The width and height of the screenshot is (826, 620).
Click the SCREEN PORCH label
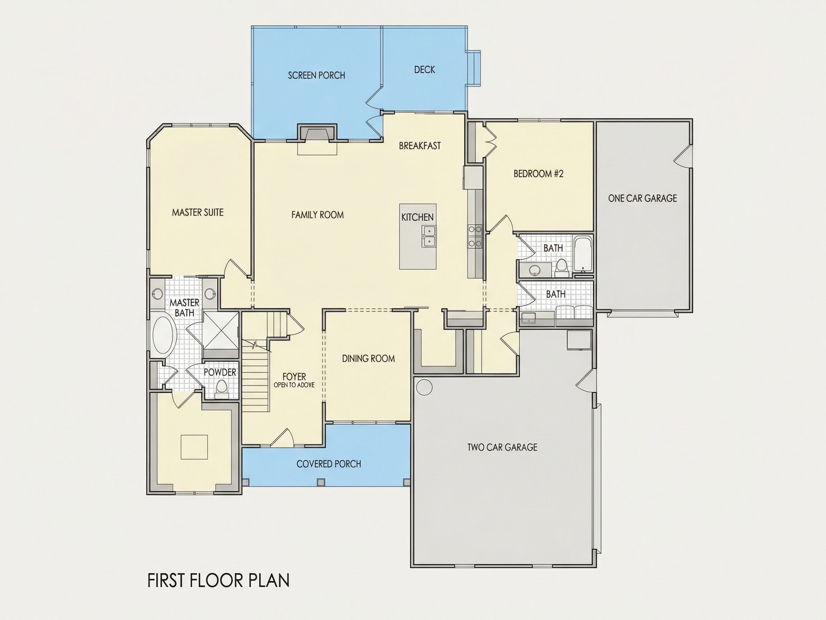click(316, 75)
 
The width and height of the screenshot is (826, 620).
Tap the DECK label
click(424, 70)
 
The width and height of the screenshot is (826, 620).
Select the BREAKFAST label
click(420, 146)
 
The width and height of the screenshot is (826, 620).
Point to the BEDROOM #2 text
click(538, 174)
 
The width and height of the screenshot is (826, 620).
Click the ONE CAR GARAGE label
click(642, 198)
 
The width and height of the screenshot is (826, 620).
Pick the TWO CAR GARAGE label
click(502, 447)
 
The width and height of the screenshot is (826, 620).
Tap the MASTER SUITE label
click(198, 213)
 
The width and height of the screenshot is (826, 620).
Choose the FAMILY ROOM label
click(317, 215)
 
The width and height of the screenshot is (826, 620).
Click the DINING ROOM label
click(369, 359)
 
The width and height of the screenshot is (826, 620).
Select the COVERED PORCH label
click(329, 464)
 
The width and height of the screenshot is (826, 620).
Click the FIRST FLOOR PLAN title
click(218, 581)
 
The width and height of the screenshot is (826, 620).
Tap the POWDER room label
click(220, 372)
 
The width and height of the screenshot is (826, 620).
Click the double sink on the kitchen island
click(429, 236)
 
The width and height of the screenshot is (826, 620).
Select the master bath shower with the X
click(220, 330)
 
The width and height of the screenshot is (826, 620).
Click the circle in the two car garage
click(424, 387)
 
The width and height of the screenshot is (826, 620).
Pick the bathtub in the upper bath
click(583, 253)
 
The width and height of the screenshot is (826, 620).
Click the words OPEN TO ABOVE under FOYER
click(294, 385)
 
